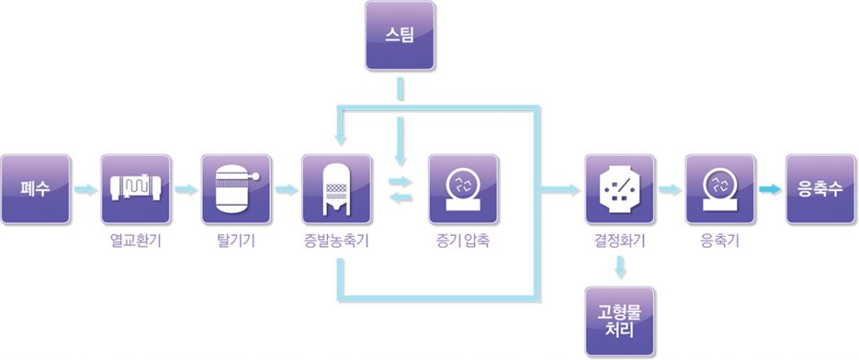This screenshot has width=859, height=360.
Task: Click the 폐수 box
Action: pyautogui.click(x=35, y=189)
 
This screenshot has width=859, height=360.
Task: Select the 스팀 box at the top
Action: pyautogui.click(x=400, y=35)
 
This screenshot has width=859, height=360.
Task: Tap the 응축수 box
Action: pyautogui.click(x=820, y=189)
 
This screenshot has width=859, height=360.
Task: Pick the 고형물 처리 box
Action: pyautogui.click(x=620, y=320)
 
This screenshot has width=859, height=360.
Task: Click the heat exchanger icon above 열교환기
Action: pyautogui.click(x=135, y=189)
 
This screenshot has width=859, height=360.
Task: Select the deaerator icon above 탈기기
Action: pyautogui.click(x=236, y=189)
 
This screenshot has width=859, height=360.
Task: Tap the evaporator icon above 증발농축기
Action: pyautogui.click(x=336, y=189)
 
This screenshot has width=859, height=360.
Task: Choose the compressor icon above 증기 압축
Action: pyautogui.click(x=463, y=189)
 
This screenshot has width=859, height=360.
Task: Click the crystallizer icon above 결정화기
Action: pyautogui.click(x=619, y=189)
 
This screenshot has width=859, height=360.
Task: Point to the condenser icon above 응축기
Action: pyautogui.click(x=720, y=189)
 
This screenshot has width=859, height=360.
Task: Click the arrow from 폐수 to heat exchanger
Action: pyautogui.click(x=85, y=190)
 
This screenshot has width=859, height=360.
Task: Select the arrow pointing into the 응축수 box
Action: pyautogui.click(x=770, y=190)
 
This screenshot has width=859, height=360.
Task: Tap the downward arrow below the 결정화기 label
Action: pyautogui.click(x=620, y=269)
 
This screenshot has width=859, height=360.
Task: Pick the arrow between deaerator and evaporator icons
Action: pyautogui.click(x=286, y=190)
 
